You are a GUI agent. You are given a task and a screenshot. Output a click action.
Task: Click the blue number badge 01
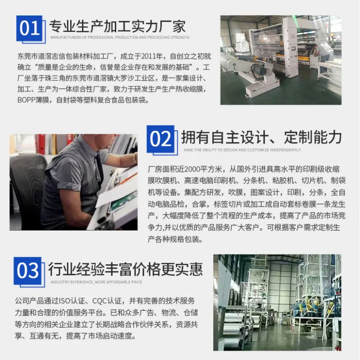click(x=29, y=28)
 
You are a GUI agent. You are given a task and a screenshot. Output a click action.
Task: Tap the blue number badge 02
click(x=160, y=139)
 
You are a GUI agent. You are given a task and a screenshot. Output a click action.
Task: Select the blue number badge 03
click(x=28, y=270)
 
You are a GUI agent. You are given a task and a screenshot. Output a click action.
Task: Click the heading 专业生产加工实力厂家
click(x=117, y=26)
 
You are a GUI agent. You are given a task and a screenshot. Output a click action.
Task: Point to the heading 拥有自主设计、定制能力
click(x=262, y=137)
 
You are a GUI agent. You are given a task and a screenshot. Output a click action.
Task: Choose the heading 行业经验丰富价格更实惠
click(x=125, y=269)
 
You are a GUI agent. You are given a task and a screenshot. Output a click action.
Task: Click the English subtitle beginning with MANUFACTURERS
click(x=120, y=37)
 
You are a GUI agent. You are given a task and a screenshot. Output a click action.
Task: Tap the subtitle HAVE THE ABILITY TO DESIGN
click(x=242, y=150)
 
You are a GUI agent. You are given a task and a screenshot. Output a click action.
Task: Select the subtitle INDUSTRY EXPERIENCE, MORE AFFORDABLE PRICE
click(x=97, y=282)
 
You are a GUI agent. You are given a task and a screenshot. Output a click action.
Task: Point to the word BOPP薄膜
click(x=33, y=100)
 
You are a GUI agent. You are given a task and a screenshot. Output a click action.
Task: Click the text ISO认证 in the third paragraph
click(x=72, y=301)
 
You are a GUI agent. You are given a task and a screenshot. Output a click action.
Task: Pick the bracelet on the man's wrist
click(x=135, y=157)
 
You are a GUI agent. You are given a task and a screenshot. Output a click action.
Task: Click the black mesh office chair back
click(x=26, y=181)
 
